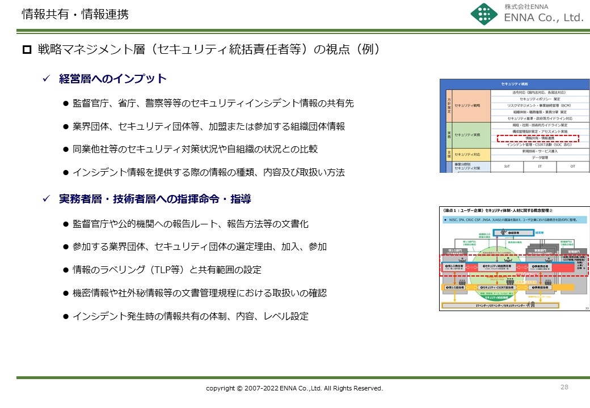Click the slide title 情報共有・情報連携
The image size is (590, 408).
[75, 15]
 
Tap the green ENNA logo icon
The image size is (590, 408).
[484, 15]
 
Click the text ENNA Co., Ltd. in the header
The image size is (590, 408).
[543, 18]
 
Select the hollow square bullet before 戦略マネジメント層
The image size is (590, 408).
[27, 50]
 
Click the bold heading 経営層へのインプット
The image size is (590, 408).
[113, 79]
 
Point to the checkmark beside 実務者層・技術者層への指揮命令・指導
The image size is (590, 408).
[48, 199]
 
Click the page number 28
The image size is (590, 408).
[564, 387]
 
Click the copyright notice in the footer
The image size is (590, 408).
[294, 388]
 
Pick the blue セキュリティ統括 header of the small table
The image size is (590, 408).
[515, 83]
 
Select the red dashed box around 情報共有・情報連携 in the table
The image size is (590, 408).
[537, 138]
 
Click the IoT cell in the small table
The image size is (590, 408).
[507, 167]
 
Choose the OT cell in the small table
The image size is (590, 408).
[572, 167]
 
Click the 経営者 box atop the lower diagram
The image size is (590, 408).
[503, 233]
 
